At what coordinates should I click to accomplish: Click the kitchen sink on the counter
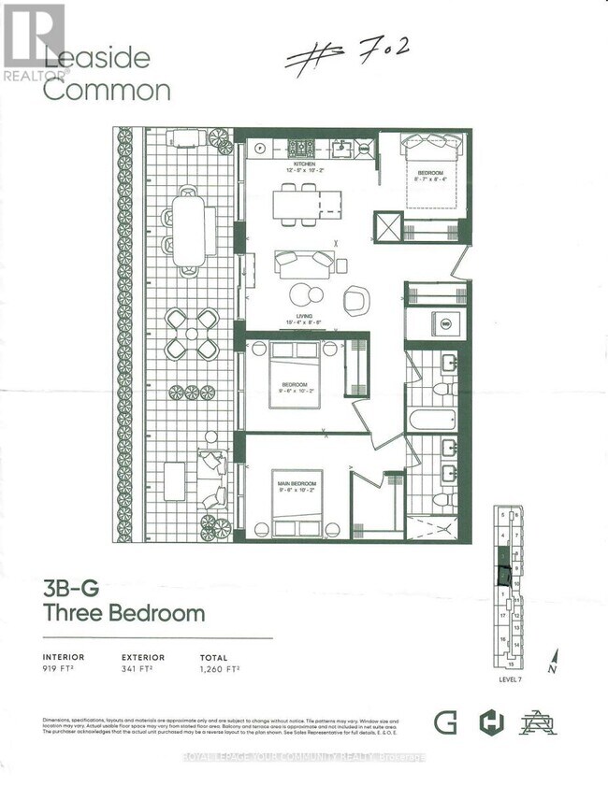[343, 148]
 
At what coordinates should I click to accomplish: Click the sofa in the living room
[304, 263]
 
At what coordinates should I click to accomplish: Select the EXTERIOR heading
[143, 656]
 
